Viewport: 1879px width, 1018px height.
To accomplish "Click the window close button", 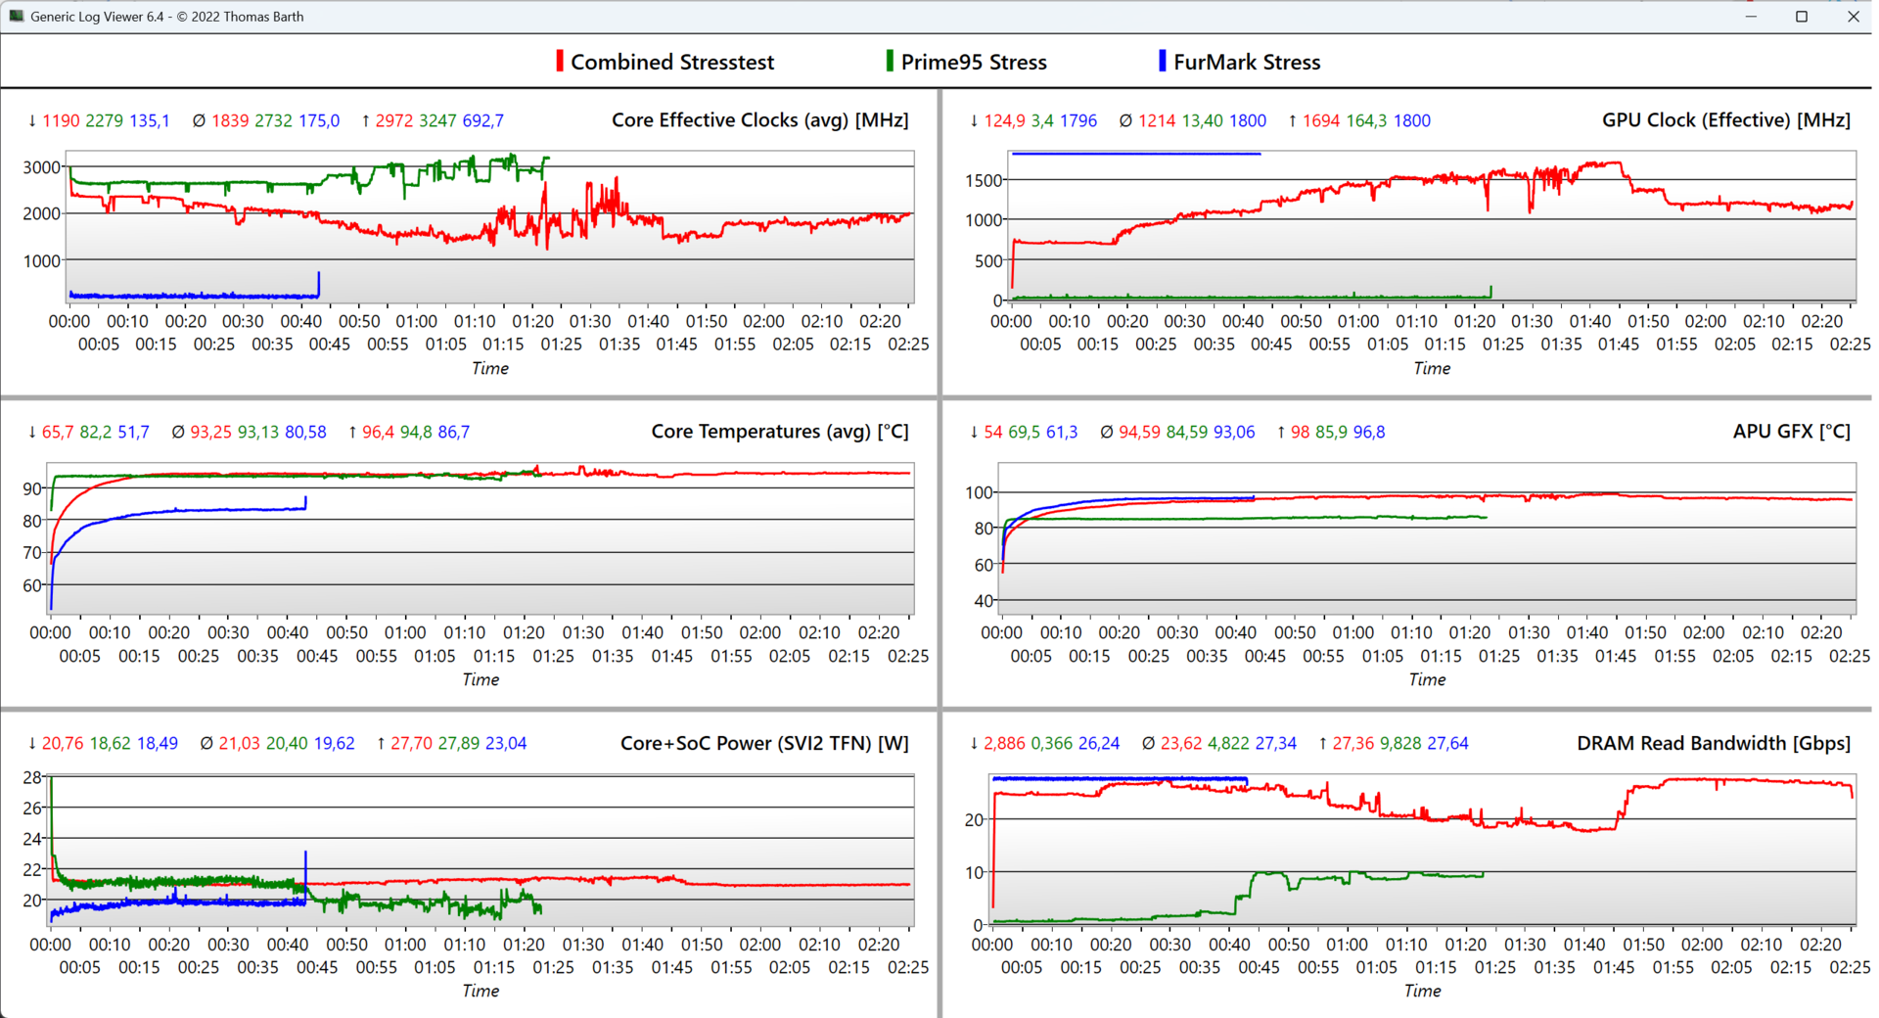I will [1853, 17].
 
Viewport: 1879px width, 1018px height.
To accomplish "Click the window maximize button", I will [1801, 17].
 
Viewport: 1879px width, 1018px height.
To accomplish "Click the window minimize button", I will [1751, 17].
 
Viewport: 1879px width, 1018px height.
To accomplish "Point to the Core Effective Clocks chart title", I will [759, 120].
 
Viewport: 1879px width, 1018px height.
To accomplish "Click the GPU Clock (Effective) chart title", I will [1725, 120].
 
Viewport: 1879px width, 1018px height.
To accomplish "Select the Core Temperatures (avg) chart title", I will [779, 432].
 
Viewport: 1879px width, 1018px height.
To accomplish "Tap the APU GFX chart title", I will [1791, 432].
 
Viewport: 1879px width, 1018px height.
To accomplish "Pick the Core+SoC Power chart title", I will [763, 743].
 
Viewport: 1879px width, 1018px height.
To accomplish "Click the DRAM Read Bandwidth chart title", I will [1713, 743].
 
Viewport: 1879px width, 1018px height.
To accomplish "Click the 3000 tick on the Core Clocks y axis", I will [42, 167].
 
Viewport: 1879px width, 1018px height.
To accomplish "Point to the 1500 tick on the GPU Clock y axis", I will [984, 180].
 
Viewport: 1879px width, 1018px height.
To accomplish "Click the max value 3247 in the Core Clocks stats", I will [437, 120].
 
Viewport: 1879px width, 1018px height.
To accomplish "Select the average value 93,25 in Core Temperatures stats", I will [210, 432].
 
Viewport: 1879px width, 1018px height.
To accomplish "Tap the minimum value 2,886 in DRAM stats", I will [1004, 743].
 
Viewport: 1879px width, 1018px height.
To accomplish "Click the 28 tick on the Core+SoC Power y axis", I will [32, 777].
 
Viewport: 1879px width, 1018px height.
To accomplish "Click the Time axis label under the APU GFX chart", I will [1427, 679].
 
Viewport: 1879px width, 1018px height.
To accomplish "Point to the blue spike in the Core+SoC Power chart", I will [305, 861].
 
